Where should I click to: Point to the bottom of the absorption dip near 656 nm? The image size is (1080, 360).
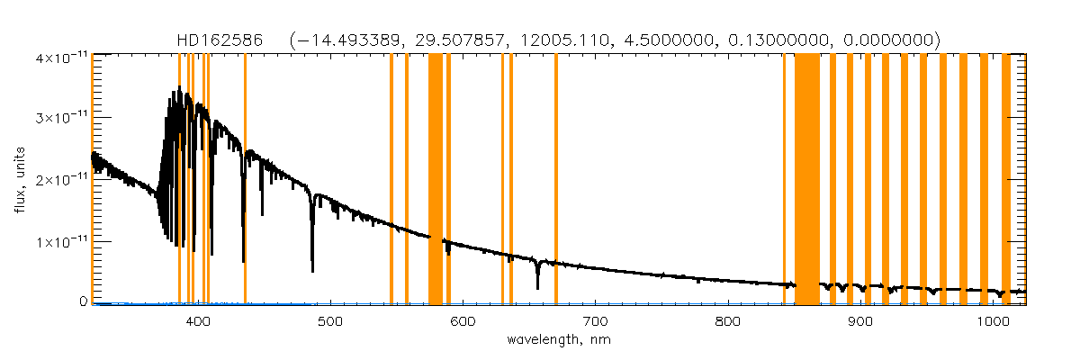click(537, 288)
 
